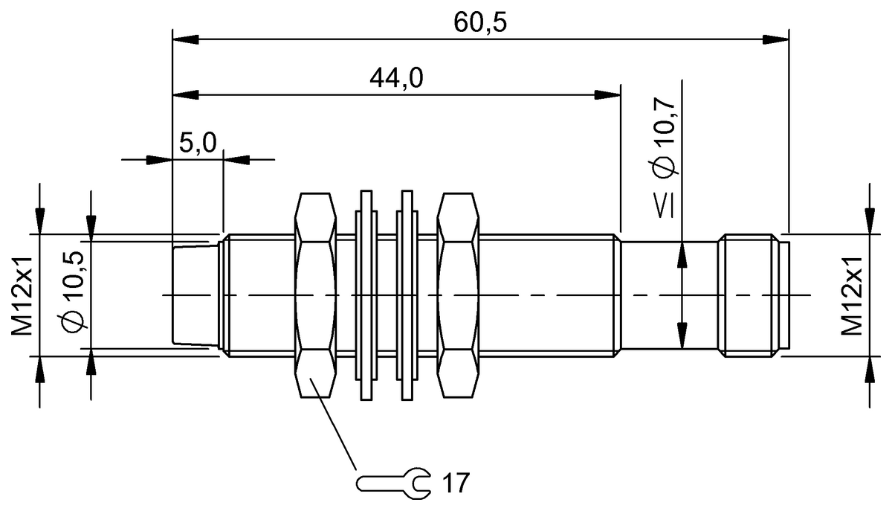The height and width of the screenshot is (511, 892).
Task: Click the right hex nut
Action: pyautogui.click(x=458, y=295)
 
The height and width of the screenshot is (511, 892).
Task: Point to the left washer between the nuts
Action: pyautogui.click(x=366, y=295)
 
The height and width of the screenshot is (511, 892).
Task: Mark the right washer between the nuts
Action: pyautogui.click(x=406, y=295)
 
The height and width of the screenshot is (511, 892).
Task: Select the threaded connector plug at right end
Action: pyautogui.click(x=749, y=295)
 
